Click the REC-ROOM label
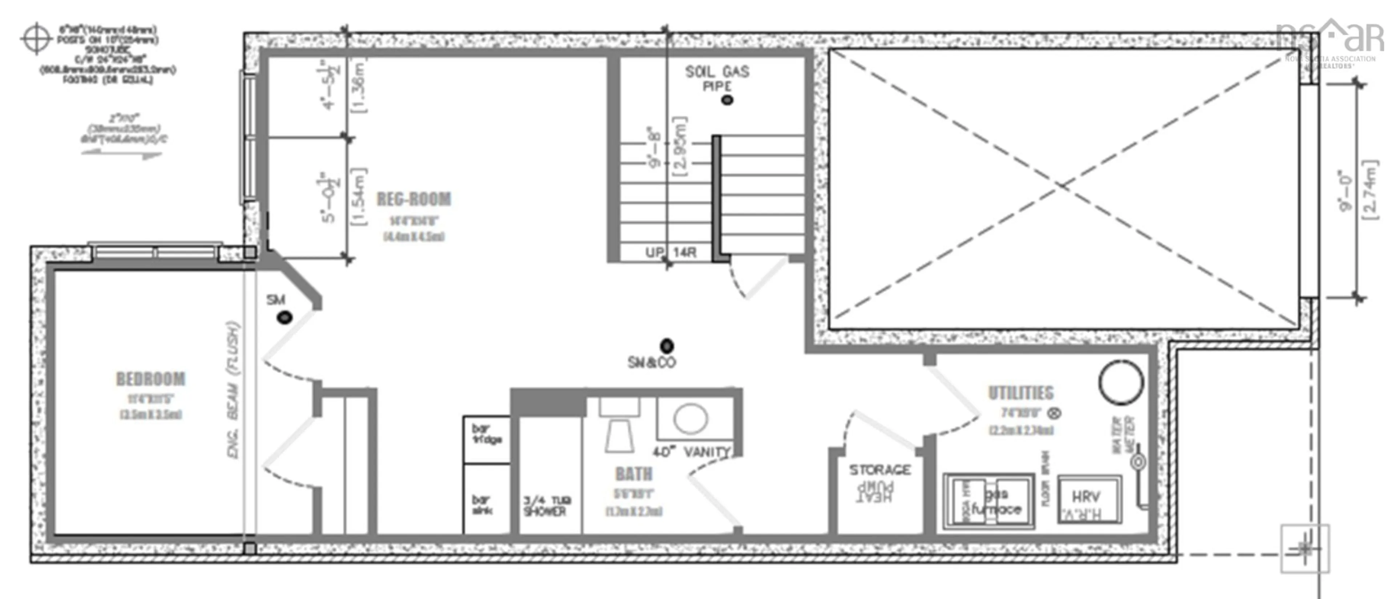[414, 199]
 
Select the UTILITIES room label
[1021, 393]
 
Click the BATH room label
[634, 474]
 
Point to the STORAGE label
[880, 470]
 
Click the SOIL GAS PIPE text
[717, 78]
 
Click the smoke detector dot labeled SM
[285, 318]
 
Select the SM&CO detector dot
[667, 345]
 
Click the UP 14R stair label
[670, 253]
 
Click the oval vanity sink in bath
[691, 419]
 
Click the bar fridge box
[486, 439]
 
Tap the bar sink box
[486, 498]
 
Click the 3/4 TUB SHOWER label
[546, 506]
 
